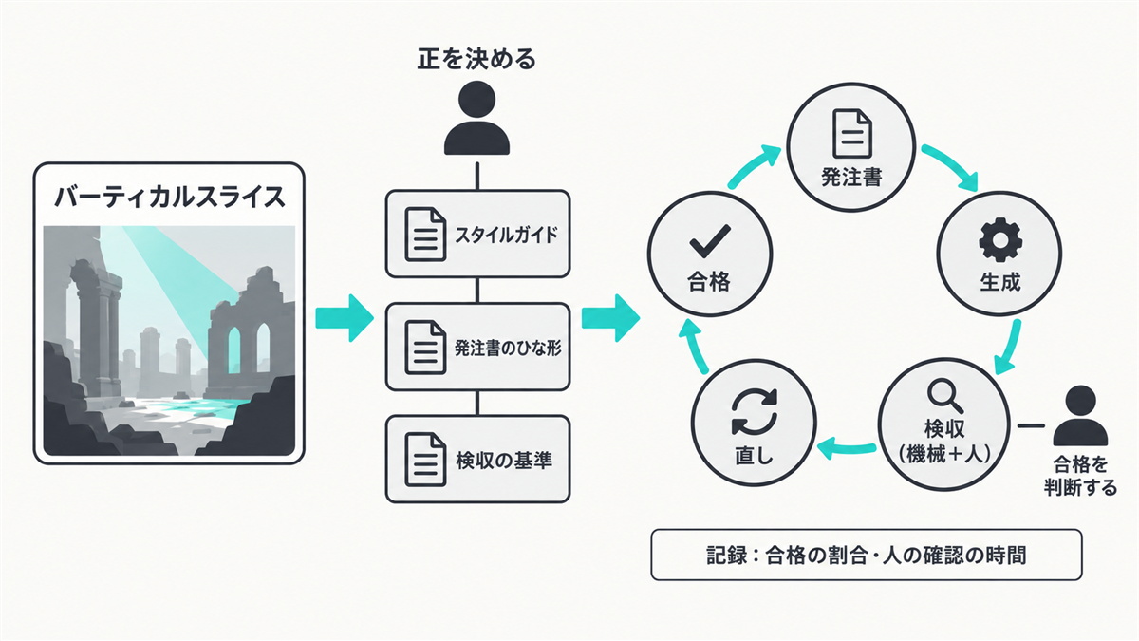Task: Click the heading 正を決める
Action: (x=476, y=59)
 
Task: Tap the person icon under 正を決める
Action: (x=476, y=118)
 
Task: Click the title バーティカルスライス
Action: (x=169, y=197)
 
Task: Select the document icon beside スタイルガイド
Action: (x=425, y=234)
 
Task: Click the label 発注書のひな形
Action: (x=508, y=348)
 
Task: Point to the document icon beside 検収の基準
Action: (x=425, y=460)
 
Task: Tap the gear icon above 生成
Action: (x=1000, y=239)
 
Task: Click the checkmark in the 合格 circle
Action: (x=710, y=241)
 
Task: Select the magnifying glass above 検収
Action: (x=945, y=397)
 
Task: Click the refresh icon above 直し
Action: (x=755, y=411)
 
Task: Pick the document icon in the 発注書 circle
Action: (x=852, y=134)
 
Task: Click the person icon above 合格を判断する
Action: (x=1080, y=416)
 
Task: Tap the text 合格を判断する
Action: (x=1080, y=476)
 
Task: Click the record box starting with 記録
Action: (x=867, y=555)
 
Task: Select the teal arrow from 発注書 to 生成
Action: (x=951, y=164)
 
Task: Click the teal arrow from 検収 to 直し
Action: (x=847, y=447)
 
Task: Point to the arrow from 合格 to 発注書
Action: (x=753, y=165)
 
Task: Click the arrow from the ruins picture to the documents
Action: (x=345, y=318)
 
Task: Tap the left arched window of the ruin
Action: (x=234, y=350)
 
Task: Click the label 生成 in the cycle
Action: (x=1000, y=282)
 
